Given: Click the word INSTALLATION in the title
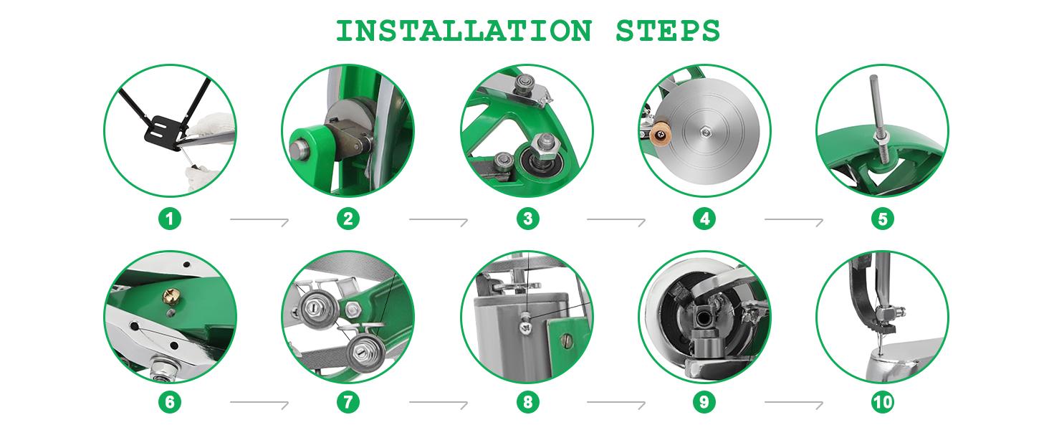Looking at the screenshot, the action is pyautogui.click(x=464, y=31).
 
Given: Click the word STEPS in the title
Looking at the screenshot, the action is pyautogui.click(x=667, y=31).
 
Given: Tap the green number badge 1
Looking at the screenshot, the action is pyautogui.click(x=170, y=219).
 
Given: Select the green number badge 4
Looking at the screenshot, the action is pyautogui.click(x=704, y=219).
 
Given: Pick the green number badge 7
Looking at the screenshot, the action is pyautogui.click(x=348, y=402).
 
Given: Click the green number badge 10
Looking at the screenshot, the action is pyautogui.click(x=882, y=402).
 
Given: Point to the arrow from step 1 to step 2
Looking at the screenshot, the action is pyautogui.click(x=259, y=221).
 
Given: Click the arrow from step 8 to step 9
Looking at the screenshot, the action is pyautogui.click(x=615, y=403).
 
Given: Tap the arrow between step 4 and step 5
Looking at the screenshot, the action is pyautogui.click(x=794, y=221).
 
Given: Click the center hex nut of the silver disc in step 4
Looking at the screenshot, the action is pyautogui.click(x=704, y=133).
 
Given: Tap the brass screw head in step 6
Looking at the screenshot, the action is pyautogui.click(x=169, y=295).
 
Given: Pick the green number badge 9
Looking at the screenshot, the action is pyautogui.click(x=704, y=402).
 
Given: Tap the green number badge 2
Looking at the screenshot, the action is pyautogui.click(x=348, y=219).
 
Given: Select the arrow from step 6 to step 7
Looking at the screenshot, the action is pyautogui.click(x=259, y=403).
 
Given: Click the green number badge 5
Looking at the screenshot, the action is pyautogui.click(x=882, y=219).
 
